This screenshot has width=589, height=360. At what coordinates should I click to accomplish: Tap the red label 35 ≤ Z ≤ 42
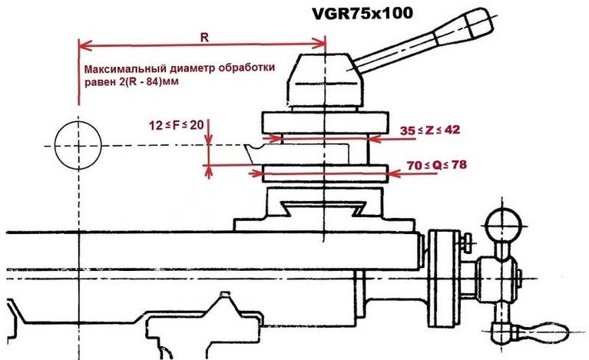pyautogui.click(x=430, y=130)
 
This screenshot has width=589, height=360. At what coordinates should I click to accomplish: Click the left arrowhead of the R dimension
pyautogui.click(x=82, y=44)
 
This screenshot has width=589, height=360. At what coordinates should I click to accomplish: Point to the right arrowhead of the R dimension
pyautogui.click(x=322, y=44)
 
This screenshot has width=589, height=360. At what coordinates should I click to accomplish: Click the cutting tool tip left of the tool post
pyautogui.click(x=247, y=147)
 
